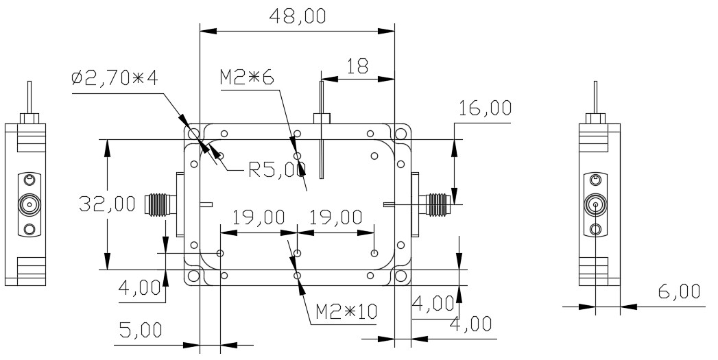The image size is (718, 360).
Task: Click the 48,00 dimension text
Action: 298,16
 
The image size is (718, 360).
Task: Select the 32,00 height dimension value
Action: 107,204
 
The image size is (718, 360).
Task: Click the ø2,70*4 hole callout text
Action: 115,78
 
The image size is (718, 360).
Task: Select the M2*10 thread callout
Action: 346,312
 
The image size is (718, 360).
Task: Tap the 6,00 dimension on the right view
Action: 679,291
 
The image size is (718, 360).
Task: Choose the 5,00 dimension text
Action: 141,329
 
